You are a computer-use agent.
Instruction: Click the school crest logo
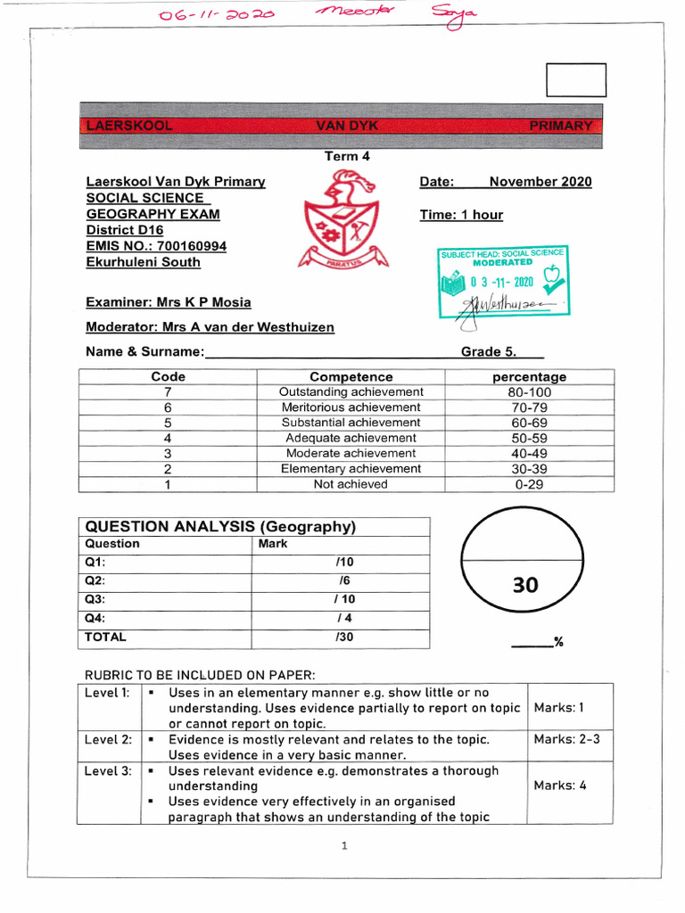tap(343, 221)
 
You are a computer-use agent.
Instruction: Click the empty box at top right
tap(575, 80)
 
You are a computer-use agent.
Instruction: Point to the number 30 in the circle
tap(525, 585)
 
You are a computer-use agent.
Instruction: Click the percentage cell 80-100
tap(524, 392)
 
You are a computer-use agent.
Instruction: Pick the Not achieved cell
tap(351, 484)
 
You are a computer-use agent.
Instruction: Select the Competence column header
tap(351, 377)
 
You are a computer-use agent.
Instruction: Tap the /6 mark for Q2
tap(332, 580)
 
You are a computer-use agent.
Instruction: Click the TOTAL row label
tap(105, 637)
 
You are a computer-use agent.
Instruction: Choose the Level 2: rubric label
tap(108, 739)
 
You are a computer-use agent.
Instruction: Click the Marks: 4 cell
tap(559, 786)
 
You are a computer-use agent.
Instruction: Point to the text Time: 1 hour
tap(461, 215)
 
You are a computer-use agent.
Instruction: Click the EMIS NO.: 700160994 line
tap(156, 246)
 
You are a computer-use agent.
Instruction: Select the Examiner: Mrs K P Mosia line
tap(169, 302)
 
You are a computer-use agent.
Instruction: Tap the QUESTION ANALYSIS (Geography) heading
tap(220, 527)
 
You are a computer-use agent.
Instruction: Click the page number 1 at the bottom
tap(343, 846)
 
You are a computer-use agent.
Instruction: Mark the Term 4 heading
tap(347, 156)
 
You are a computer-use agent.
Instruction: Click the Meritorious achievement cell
tap(351, 407)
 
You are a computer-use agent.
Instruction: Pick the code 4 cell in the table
tap(168, 439)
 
